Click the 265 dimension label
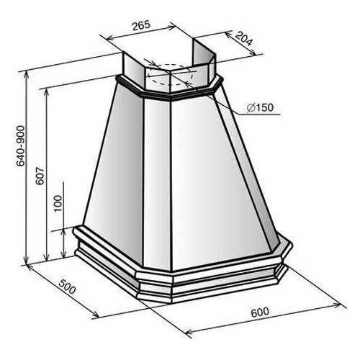tap(141, 25)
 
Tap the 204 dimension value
tap(243, 38)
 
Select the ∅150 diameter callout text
tap(260, 108)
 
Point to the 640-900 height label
tap(21, 145)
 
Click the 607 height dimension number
tap(40, 176)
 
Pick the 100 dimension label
tap(58, 203)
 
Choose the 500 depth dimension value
tap(68, 287)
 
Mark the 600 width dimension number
tap(260, 312)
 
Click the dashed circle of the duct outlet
tap(170, 74)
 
